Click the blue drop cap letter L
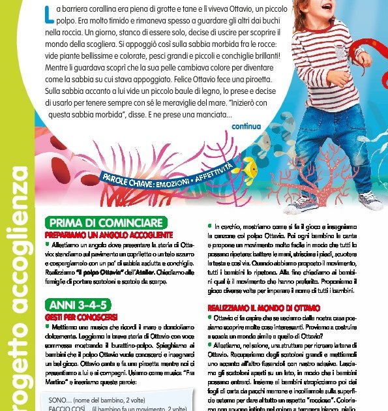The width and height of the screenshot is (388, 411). (48, 10)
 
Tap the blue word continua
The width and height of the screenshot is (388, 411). (246, 127)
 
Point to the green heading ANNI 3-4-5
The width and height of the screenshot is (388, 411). (76, 305)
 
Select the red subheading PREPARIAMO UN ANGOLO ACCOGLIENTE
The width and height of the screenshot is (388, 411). (108, 234)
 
